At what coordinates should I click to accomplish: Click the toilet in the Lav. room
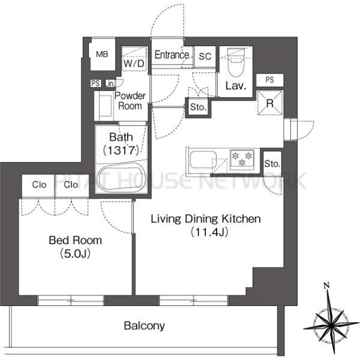pos(236,62)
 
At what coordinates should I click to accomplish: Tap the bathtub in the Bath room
pos(121,178)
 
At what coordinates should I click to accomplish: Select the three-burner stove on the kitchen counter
pos(242,160)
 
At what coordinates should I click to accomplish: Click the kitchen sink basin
pos(203,160)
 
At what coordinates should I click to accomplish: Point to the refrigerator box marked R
pos(270,103)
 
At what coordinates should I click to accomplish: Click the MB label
pos(102,55)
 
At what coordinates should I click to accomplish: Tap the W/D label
pos(134,64)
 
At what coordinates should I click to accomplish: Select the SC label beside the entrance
pos(205,56)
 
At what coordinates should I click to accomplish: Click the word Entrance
pos(172,55)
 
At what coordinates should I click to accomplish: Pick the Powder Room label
pos(130,101)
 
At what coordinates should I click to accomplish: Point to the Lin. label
pos(110,83)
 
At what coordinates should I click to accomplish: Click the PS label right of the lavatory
pos(270,80)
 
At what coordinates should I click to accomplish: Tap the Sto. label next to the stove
pos(272,164)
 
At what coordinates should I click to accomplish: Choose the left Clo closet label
pos(39,185)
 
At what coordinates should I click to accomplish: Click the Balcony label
pos(145,326)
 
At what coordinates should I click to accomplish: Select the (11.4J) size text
pos(209,232)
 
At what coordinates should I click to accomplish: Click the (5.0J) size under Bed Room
pos(75,253)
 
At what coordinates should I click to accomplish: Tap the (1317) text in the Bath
pos(121,151)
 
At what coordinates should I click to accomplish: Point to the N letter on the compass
pos(326,286)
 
